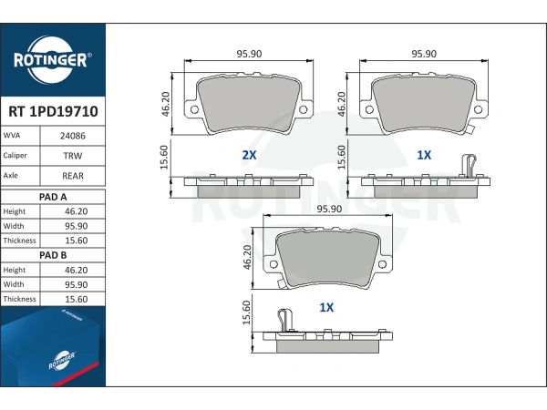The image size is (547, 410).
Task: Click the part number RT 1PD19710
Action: [x=53, y=111]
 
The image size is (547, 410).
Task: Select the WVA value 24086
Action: [x=73, y=136]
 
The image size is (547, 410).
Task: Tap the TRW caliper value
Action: [x=73, y=156]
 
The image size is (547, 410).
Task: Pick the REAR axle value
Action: [x=73, y=176]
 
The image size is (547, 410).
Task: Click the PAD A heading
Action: [x=53, y=197]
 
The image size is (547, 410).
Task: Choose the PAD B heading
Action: [x=53, y=255]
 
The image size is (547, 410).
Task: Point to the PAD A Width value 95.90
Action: [x=76, y=226]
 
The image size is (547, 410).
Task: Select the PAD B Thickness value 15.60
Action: [x=76, y=299]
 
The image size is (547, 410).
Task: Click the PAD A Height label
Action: [x=15, y=211]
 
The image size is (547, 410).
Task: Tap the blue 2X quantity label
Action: [x=249, y=155]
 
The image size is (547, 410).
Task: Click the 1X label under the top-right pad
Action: [x=424, y=155]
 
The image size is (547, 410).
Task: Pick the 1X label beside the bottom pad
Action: [x=326, y=307]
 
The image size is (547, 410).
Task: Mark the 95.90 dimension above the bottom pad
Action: [x=329, y=209]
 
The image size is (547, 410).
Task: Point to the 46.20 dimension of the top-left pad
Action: [x=166, y=104]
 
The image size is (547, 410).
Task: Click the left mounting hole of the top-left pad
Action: [x=194, y=110]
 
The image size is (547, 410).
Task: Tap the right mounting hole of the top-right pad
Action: [x=478, y=110]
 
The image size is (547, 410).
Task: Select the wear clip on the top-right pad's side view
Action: [x=469, y=166]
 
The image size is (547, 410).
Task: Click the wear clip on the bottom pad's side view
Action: [x=285, y=320]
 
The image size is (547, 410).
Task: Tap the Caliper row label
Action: [x=15, y=156]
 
